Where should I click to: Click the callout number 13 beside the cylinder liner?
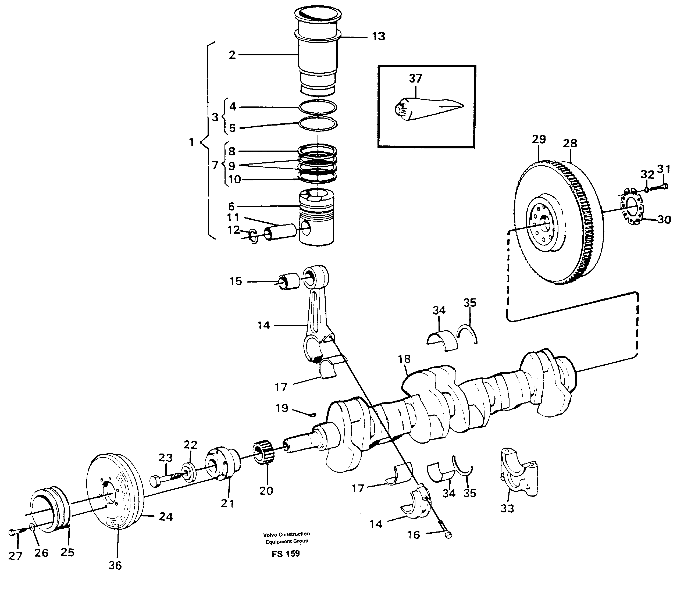point(379,37)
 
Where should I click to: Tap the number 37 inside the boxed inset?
point(416,79)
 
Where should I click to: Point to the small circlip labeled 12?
point(253,236)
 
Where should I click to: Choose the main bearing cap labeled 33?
point(519,473)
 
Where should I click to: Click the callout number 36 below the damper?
point(115,566)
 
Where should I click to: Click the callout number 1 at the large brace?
point(191,142)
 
